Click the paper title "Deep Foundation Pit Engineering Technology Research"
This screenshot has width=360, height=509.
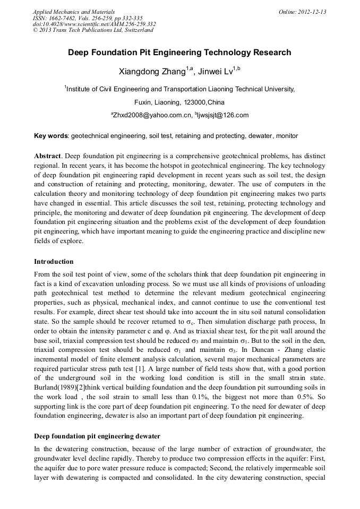coord(179,53)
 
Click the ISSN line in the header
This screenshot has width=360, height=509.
coord(88,18)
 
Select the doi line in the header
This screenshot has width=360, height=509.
coord(94,24)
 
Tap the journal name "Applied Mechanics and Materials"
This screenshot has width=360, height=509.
coord(73,12)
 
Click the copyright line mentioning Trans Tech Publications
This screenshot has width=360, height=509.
coord(93,30)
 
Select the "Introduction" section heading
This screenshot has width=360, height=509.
coord(54,262)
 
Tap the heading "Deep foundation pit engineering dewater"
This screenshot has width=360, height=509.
coord(97,436)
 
